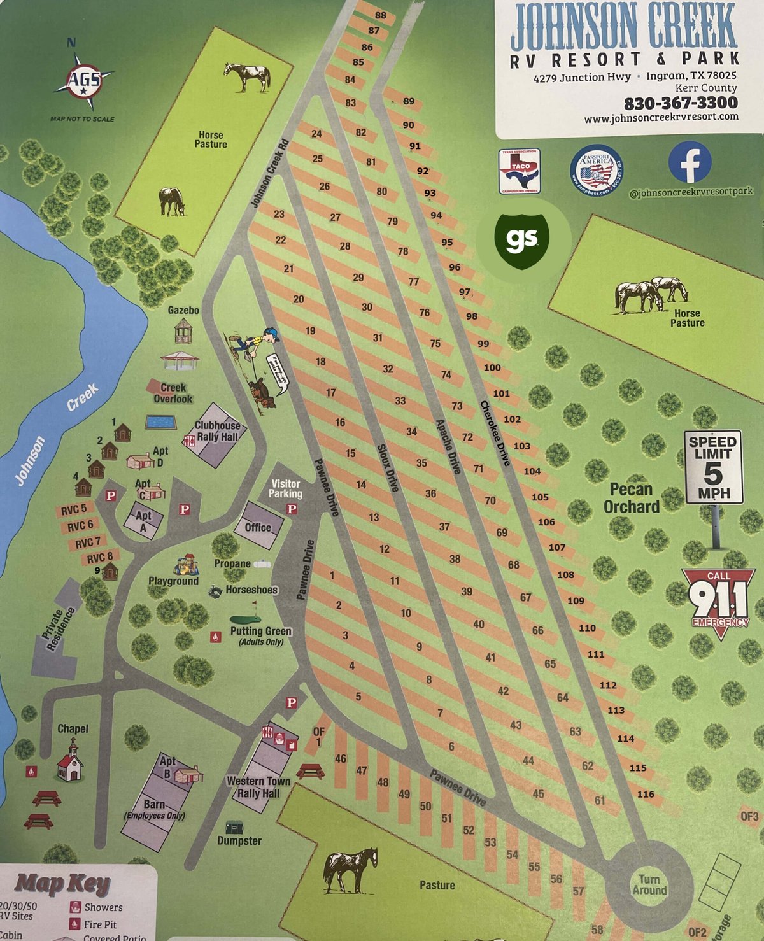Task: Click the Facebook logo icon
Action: [x=690, y=162]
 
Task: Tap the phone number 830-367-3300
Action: [x=681, y=103]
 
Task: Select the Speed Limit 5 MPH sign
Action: [x=713, y=467]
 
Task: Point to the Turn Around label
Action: [x=649, y=884]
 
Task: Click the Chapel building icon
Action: [x=69, y=760]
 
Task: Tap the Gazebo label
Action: [x=183, y=310]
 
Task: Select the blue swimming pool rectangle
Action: [x=161, y=422]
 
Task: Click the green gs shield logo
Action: [x=523, y=239]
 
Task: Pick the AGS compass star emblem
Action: [x=84, y=80]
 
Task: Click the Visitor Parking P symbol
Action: [x=292, y=509]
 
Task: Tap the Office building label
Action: [x=258, y=527]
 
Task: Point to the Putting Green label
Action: [x=260, y=631]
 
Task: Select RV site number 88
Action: [x=380, y=15]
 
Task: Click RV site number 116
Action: [x=646, y=794]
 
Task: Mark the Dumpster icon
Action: [x=234, y=826]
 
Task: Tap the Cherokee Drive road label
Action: [x=495, y=433]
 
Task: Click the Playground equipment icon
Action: [x=186, y=565]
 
